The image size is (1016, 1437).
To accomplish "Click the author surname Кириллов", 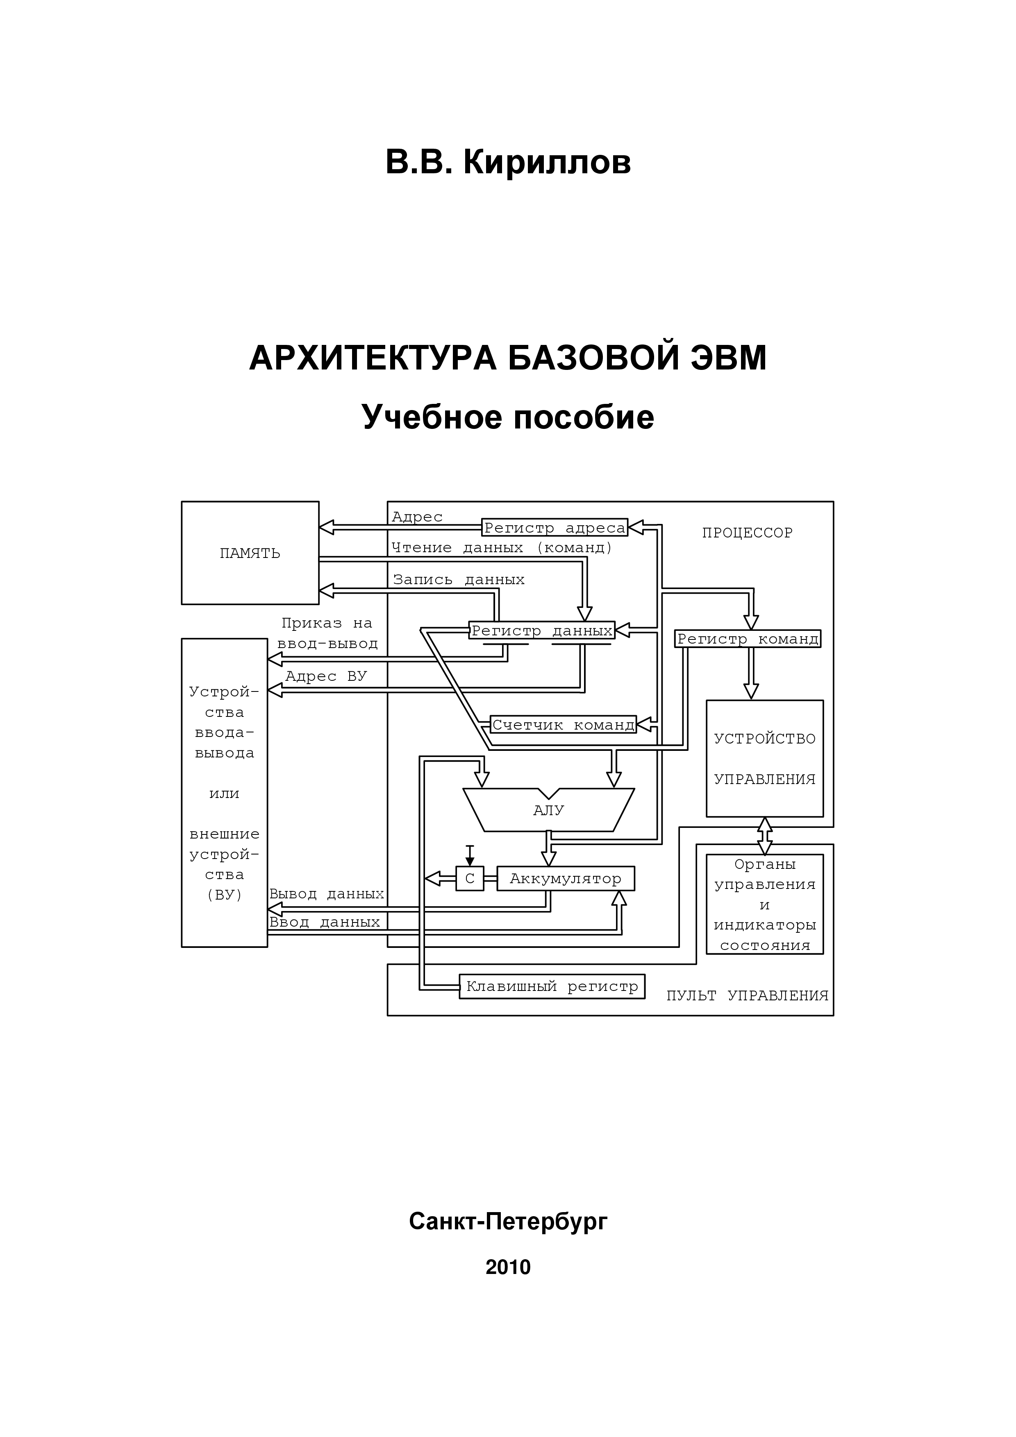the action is click(547, 162).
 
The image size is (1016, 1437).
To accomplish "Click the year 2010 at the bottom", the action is click(508, 1267).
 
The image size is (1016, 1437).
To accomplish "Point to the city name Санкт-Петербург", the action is click(508, 1220).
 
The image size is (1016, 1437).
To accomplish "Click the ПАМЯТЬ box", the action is click(250, 553).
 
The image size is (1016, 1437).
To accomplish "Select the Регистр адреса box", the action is click(555, 528).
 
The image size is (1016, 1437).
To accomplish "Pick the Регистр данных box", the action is click(541, 630).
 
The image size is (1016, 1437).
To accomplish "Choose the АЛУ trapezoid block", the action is click(548, 810).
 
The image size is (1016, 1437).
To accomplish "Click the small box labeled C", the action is click(470, 878).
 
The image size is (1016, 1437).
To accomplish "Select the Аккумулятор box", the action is click(565, 878).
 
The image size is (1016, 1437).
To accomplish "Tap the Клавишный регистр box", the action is click(552, 986).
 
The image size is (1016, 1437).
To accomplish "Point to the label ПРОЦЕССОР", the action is click(747, 533).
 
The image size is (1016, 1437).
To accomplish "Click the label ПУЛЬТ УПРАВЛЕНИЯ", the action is click(747, 995).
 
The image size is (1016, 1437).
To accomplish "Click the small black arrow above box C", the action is click(470, 855).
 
